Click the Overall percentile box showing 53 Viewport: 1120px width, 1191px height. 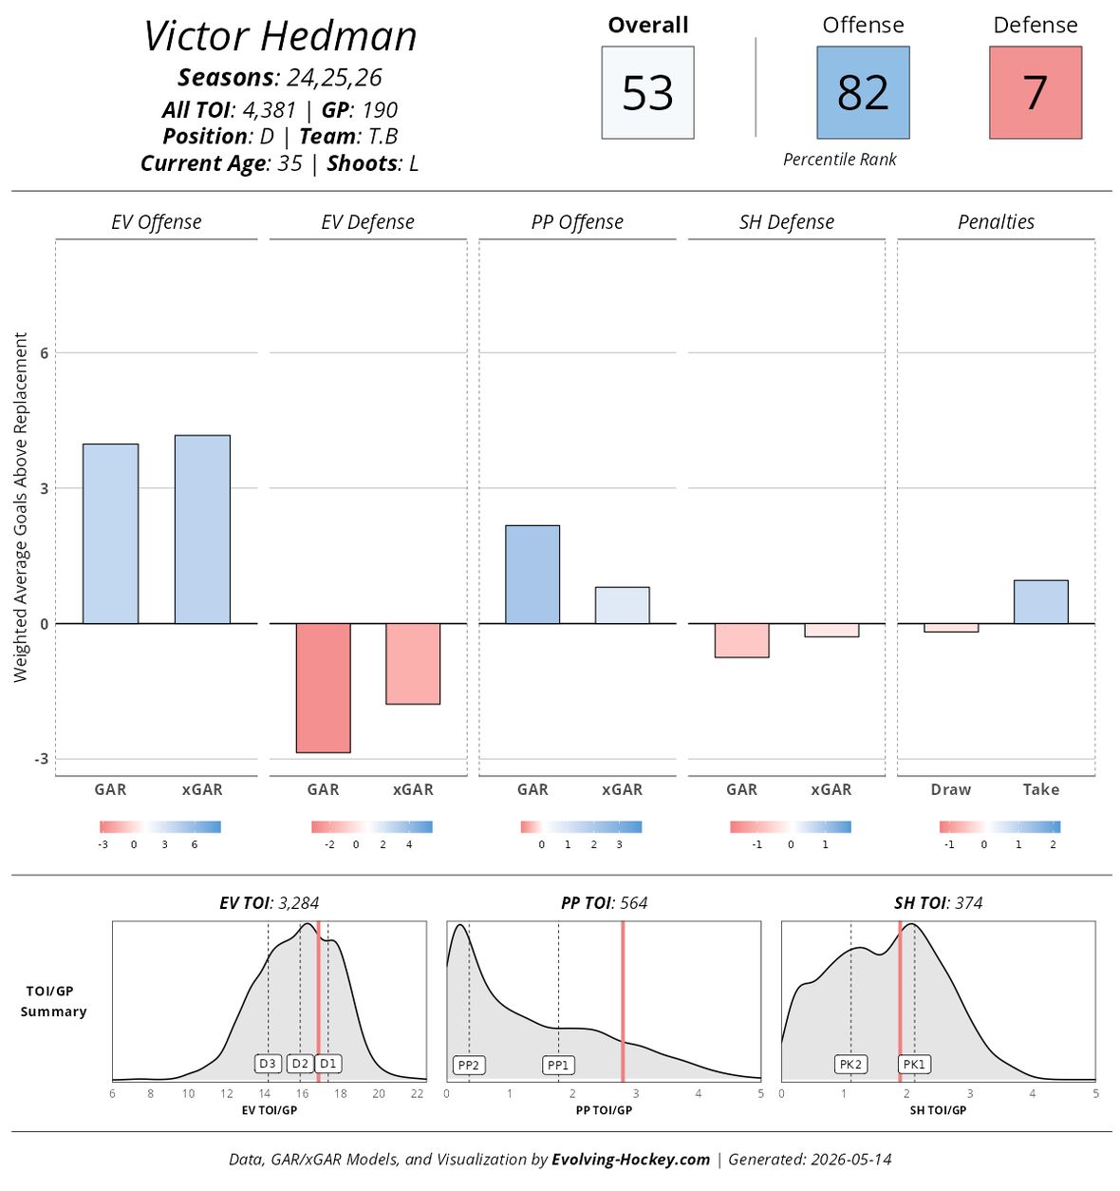(647, 92)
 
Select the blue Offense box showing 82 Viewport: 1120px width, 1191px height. (863, 92)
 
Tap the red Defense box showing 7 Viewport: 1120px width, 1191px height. (1036, 92)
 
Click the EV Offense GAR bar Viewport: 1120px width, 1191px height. (110, 534)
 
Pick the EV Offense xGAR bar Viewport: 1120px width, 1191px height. (202, 530)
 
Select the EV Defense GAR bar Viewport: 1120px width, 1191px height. (323, 688)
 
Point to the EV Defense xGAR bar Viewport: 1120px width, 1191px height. (413, 664)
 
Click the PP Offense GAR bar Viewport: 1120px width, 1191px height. (532, 575)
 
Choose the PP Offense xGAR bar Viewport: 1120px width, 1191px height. (623, 605)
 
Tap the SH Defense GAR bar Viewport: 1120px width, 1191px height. (741, 640)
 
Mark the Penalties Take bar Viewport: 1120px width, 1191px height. (1041, 602)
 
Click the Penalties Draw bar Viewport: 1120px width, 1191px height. (951, 628)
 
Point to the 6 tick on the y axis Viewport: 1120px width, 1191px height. (44, 352)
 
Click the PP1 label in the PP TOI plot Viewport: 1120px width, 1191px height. (558, 1065)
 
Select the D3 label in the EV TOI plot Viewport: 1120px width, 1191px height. (268, 1064)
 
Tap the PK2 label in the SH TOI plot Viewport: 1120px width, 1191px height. (850, 1065)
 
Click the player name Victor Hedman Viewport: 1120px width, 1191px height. (280, 36)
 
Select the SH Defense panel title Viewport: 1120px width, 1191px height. (786, 222)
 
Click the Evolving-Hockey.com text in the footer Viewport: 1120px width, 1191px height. (631, 1160)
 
